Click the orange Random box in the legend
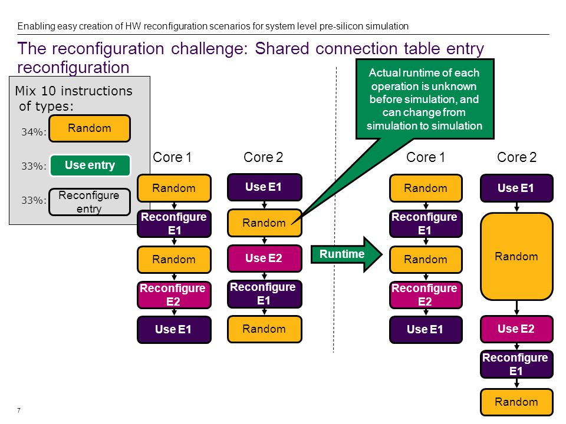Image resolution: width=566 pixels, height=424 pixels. coord(90,128)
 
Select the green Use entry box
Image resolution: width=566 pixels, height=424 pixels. coord(90,165)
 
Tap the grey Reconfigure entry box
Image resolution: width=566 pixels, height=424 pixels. coord(90,202)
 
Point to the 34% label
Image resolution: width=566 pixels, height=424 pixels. coord(34,132)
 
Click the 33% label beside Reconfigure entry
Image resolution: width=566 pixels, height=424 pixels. coord(34,200)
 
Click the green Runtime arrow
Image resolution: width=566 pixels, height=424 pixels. coord(347,254)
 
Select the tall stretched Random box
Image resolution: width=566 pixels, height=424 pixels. coord(516,256)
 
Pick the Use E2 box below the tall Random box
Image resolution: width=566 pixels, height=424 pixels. coord(516,329)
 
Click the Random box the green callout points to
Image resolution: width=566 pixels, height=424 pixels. coord(264,223)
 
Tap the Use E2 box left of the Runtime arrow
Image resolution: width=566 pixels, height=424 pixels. coord(264,258)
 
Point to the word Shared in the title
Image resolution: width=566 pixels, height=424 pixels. coord(282,48)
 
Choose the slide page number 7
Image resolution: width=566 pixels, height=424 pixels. coord(19,410)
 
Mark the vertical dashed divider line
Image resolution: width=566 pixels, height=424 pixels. coord(335,210)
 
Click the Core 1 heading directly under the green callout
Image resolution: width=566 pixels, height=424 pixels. coord(426,157)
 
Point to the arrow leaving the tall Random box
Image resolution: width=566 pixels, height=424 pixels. coord(516,308)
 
